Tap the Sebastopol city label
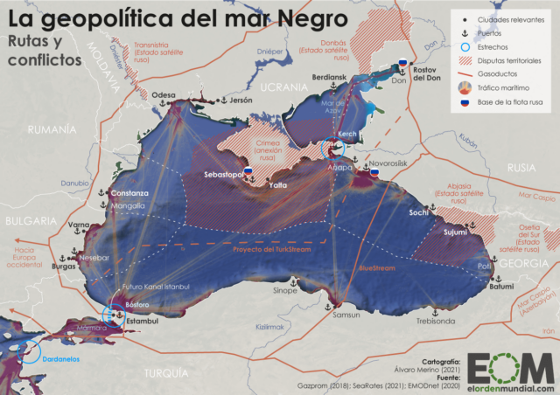(x=223, y=175)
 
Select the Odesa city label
(x=164, y=96)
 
